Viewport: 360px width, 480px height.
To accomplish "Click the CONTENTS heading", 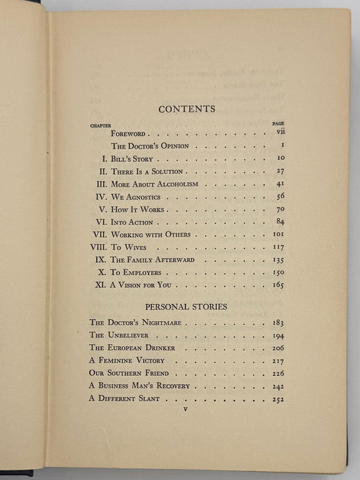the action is (187, 108).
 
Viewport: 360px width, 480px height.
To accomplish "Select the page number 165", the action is (277, 284).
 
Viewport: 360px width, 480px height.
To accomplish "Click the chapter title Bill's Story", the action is (138, 159).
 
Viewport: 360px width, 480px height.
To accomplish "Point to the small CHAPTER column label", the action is (101, 125).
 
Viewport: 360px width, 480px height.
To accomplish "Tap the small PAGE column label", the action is (278, 124).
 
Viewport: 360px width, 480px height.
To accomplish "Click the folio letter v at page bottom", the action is (186, 410).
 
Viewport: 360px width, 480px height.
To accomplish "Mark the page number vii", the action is (279, 134).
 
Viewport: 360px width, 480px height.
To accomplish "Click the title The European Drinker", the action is (132, 348).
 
